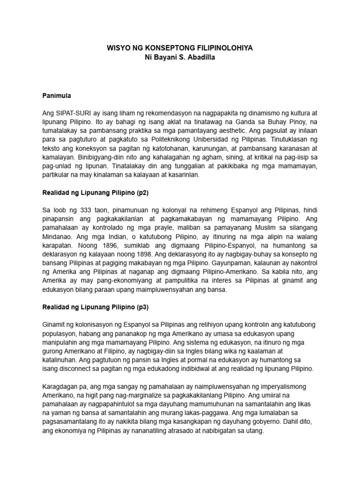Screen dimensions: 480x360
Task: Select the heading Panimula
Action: [56, 95]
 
